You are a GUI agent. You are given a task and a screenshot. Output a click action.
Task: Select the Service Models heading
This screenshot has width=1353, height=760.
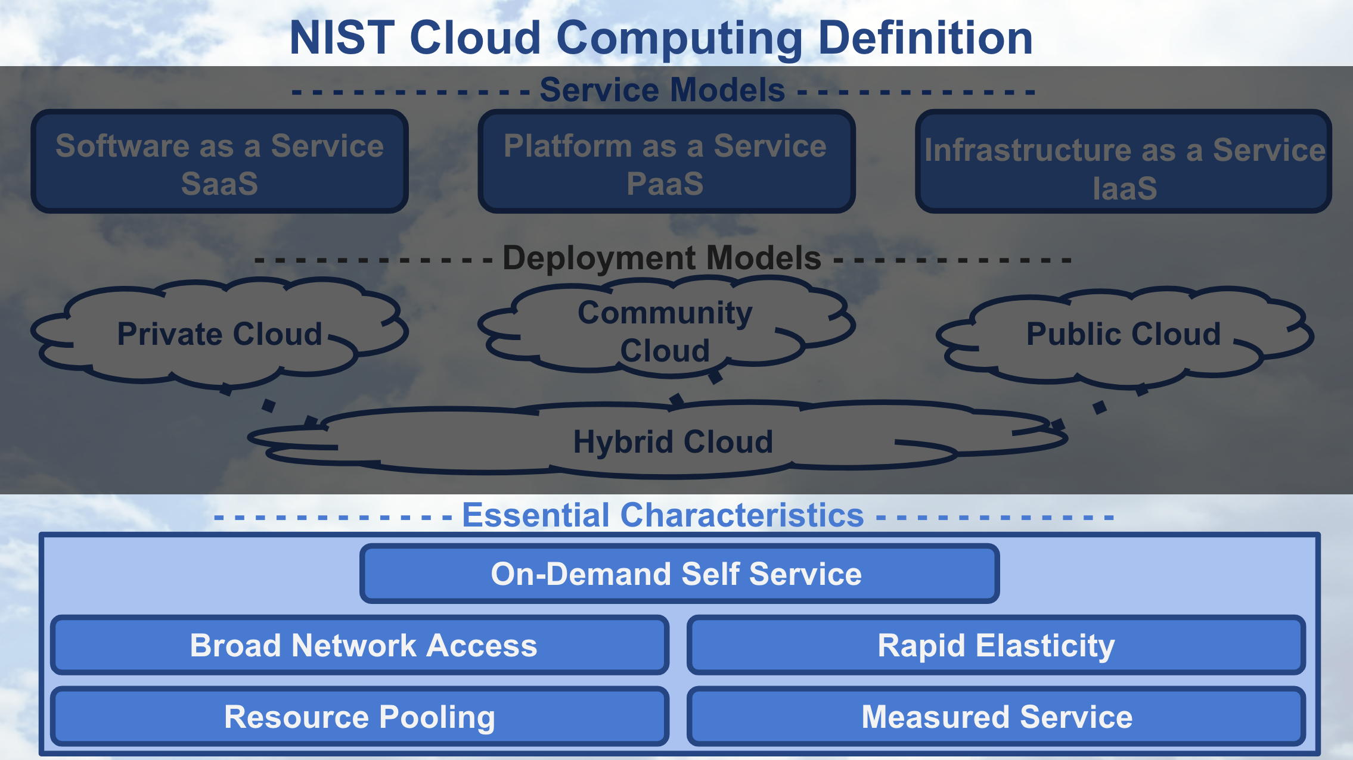click(x=662, y=90)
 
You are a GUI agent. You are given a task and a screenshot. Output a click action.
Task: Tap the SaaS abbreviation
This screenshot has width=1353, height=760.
click(x=219, y=183)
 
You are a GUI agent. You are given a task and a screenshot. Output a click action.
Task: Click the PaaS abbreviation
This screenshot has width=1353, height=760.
click(x=665, y=183)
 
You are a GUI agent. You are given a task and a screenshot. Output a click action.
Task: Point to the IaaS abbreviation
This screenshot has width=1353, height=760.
click(x=1125, y=188)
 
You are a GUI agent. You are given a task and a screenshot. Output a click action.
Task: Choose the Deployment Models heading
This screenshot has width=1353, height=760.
click(x=662, y=258)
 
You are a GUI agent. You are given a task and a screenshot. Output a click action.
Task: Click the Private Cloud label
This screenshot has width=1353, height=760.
click(x=219, y=334)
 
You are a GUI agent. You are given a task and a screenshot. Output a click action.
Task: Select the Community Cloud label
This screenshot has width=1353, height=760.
click(x=665, y=331)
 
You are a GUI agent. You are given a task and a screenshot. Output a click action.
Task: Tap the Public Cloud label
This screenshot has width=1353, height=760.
click(x=1124, y=334)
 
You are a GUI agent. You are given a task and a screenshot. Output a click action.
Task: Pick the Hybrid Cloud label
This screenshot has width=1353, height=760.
click(x=673, y=442)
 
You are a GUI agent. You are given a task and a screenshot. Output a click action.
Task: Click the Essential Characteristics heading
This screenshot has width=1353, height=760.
click(x=663, y=515)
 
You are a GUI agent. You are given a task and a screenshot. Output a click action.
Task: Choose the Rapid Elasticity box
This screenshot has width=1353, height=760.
click(x=996, y=646)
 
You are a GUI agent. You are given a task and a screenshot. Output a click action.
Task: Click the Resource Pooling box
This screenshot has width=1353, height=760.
click(x=360, y=717)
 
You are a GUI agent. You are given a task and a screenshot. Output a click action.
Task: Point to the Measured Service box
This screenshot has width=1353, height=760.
click(x=996, y=717)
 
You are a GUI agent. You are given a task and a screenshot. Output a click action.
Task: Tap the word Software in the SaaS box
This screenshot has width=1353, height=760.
click(x=122, y=146)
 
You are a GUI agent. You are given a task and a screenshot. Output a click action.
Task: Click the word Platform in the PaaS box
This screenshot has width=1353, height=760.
click(x=567, y=146)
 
